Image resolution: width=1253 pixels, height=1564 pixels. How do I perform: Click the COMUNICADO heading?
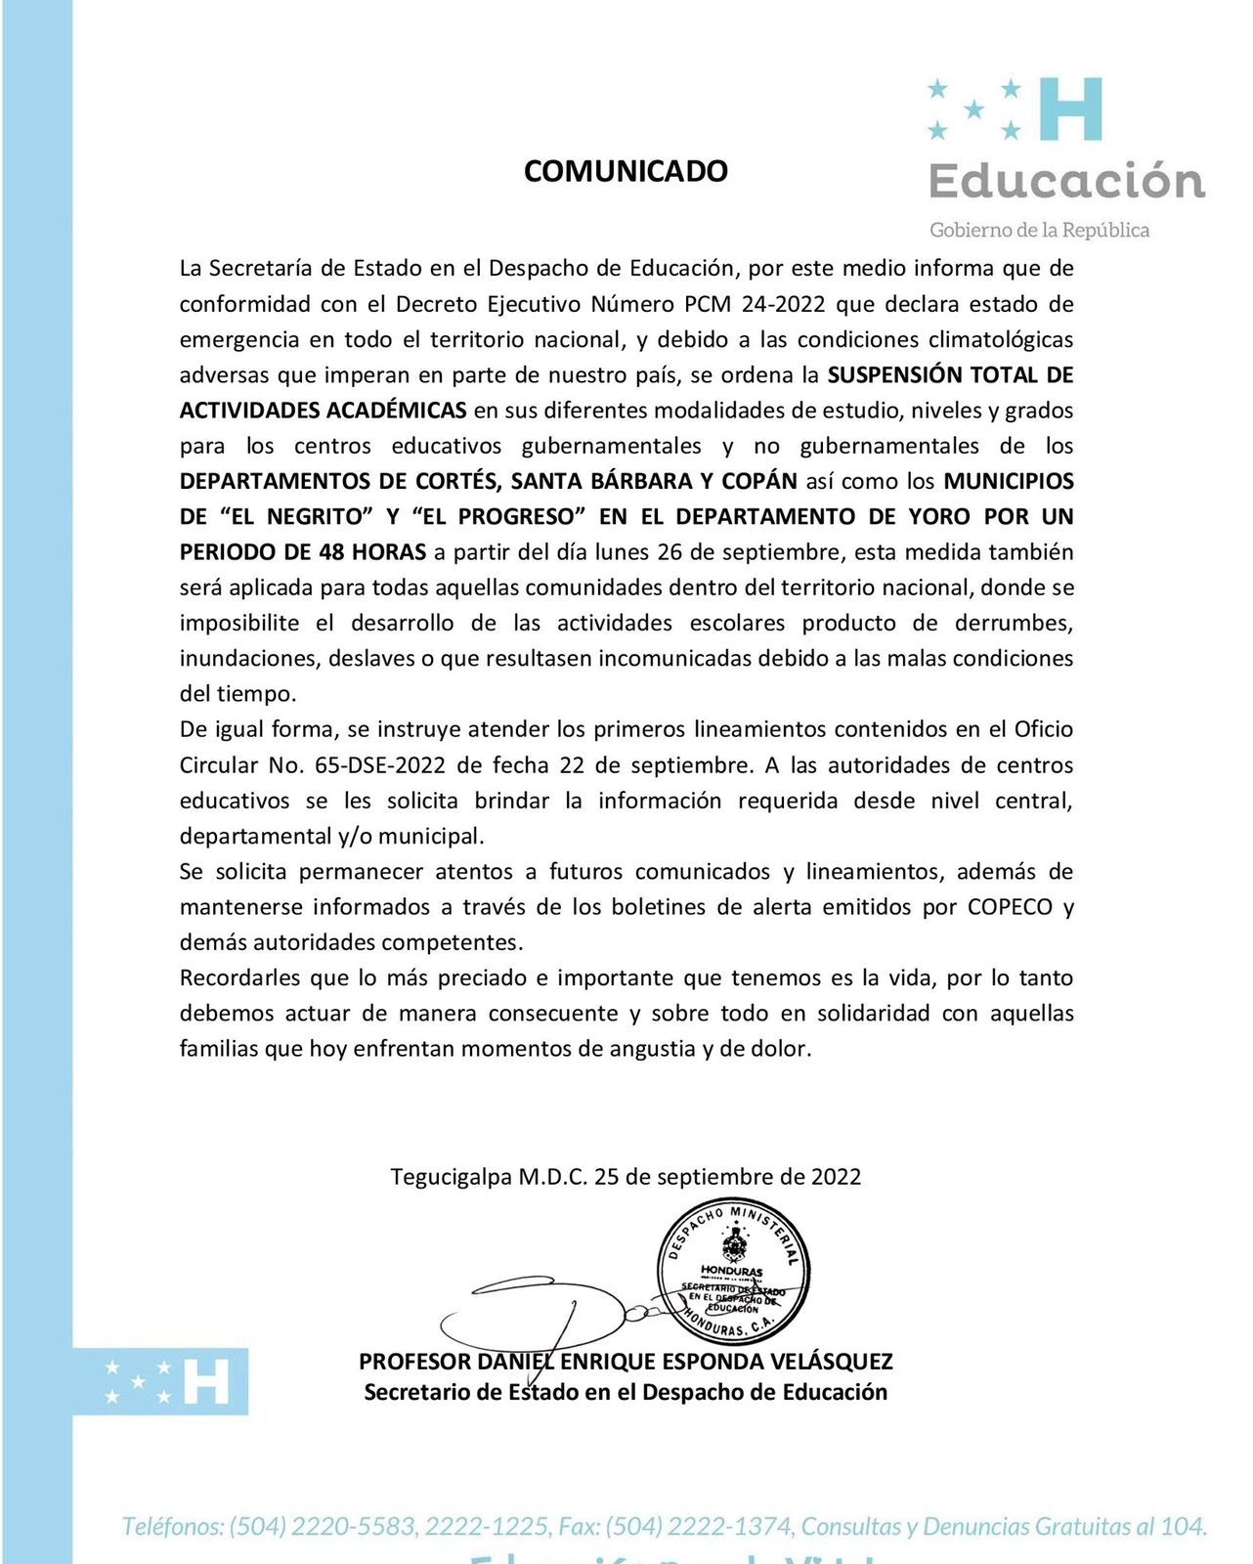[626, 171]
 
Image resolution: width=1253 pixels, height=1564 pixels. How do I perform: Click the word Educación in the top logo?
[1066, 182]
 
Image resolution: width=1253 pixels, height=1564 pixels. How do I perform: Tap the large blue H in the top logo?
[1071, 109]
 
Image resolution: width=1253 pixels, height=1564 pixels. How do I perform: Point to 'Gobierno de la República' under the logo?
[1039, 231]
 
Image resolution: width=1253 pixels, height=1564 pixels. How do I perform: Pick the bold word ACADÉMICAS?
[396, 411]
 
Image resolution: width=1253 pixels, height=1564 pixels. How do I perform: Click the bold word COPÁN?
[759, 482]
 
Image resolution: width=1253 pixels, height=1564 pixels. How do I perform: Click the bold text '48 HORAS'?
[372, 552]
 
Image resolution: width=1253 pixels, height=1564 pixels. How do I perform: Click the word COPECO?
[1010, 907]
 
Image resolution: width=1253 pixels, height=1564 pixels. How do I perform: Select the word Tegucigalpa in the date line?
[451, 1177]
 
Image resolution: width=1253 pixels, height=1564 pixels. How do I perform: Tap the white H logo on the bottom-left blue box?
[206, 1381]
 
